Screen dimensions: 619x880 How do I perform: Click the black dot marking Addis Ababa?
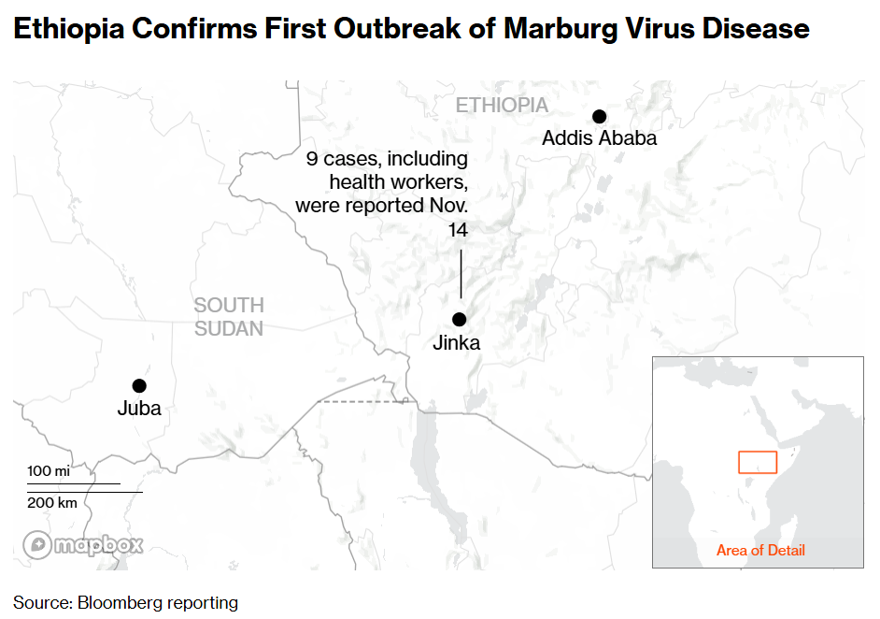point(600,116)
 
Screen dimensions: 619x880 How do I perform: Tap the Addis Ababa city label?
point(599,138)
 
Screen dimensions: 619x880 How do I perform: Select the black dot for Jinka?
point(459,319)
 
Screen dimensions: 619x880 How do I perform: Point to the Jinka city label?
point(456,343)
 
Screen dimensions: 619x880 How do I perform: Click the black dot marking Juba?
point(139,385)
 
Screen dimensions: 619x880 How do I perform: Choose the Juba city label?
point(139,409)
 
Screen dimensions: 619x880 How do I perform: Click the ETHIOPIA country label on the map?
point(502,105)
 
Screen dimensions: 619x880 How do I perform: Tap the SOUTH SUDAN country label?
point(229,316)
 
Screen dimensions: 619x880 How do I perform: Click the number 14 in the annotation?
point(458,229)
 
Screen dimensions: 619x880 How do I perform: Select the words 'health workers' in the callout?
point(398,181)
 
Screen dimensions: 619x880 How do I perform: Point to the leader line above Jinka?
point(461,271)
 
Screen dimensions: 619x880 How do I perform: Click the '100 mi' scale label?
point(49,472)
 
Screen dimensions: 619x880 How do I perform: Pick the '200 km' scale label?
point(52,503)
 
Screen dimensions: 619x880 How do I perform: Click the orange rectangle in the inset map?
point(758,462)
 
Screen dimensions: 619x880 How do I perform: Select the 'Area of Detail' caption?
point(760,550)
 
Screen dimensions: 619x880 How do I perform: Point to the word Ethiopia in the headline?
point(66,28)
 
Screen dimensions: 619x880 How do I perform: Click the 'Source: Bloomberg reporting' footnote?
point(125,602)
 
